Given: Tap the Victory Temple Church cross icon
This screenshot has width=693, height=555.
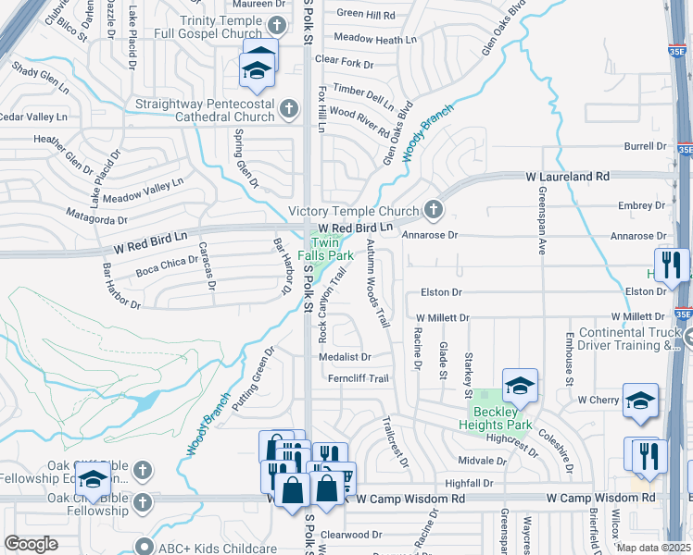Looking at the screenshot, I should point(432,211).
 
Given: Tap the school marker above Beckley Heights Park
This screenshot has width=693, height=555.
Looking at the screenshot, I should point(521,387).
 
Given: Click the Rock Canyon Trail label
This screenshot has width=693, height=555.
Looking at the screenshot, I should point(334,301).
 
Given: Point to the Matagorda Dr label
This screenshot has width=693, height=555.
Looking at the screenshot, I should point(96,217).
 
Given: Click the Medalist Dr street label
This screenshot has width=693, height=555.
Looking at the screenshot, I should point(345,356).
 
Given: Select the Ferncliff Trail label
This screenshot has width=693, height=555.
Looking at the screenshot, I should point(359,378).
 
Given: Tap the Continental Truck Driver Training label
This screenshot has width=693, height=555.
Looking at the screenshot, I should point(629,339).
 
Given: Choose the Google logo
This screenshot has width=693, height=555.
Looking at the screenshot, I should point(31,544).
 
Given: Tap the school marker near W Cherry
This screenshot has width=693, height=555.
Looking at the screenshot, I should point(639,401).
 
